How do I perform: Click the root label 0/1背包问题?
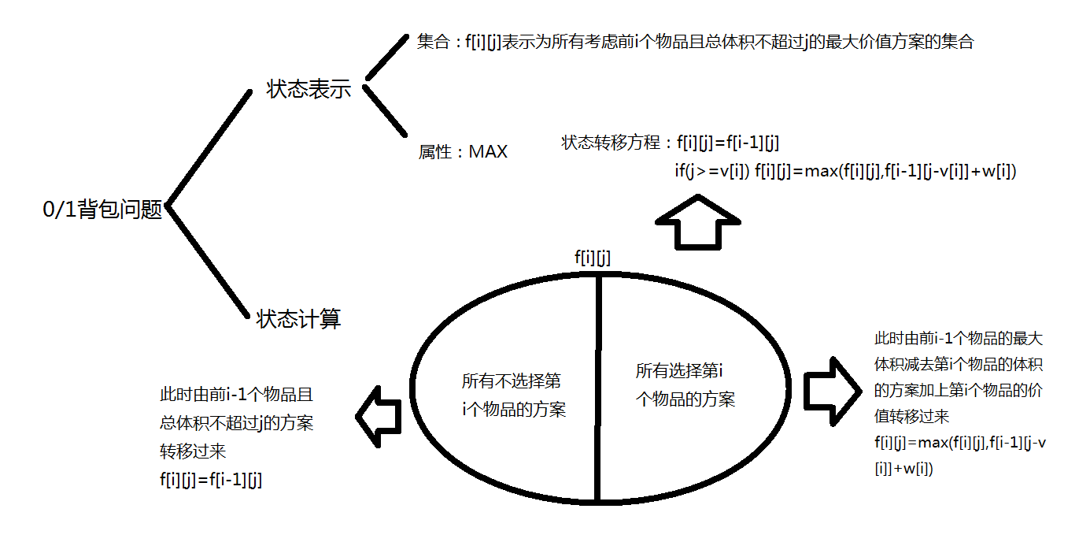[102, 210]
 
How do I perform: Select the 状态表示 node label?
[309, 89]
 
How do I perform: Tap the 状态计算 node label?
[298, 319]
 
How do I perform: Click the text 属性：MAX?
[463, 152]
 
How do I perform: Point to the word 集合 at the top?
[432, 43]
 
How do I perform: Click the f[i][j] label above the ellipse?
[593, 257]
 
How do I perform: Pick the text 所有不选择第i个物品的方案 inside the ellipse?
[513, 395]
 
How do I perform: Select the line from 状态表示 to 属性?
[384, 110]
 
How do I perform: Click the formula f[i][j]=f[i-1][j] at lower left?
[210, 480]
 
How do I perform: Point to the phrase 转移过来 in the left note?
[193, 451]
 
